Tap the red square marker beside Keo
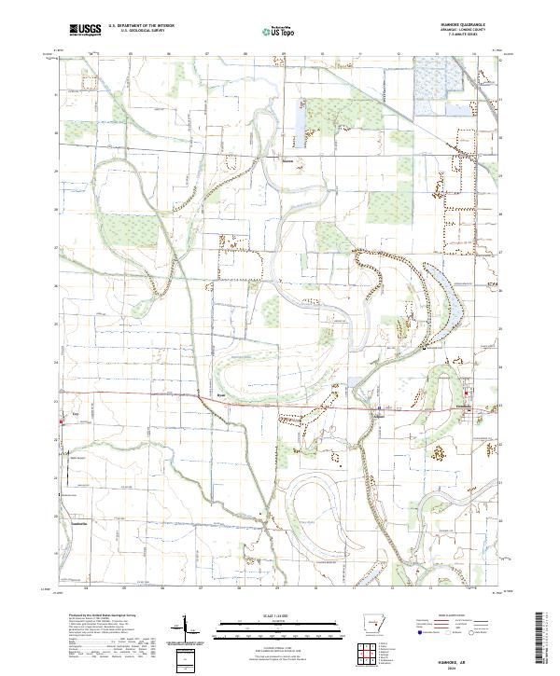[x=62, y=421]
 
